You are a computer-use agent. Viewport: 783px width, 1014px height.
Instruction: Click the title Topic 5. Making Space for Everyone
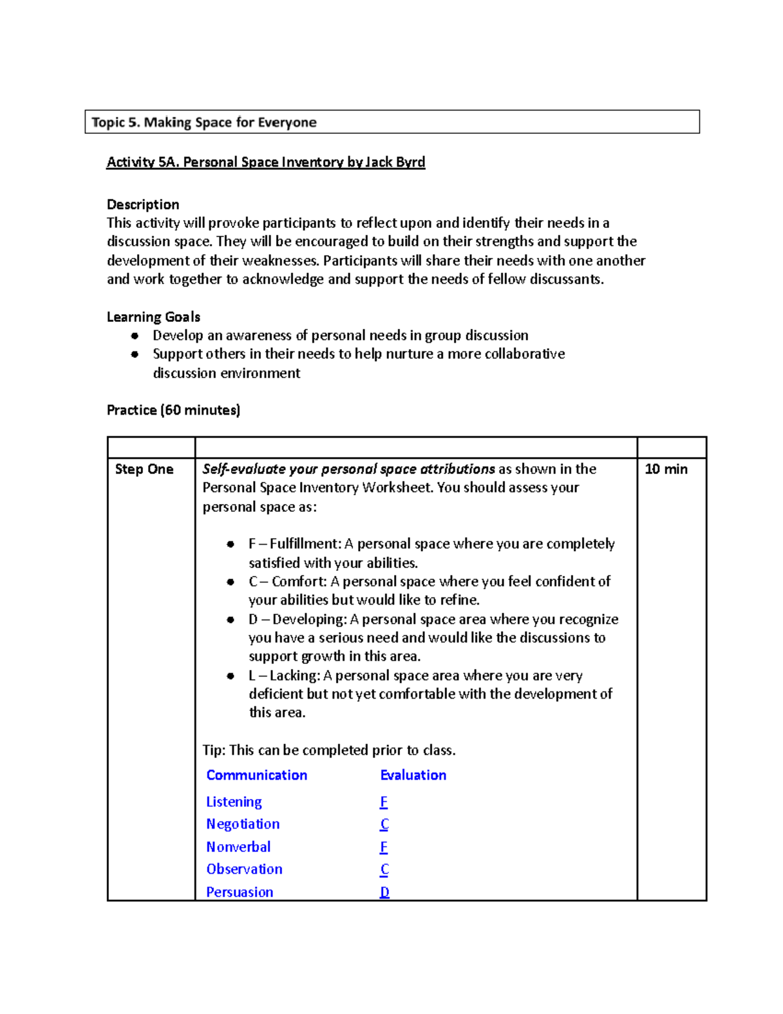pos(204,122)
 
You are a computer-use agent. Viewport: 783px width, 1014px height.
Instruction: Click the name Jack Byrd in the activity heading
pos(395,162)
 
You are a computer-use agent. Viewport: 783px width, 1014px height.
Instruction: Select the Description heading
pos(143,204)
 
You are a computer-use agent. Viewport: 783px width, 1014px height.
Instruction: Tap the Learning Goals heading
pos(153,317)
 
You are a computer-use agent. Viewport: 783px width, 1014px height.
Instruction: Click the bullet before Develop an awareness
pos(135,336)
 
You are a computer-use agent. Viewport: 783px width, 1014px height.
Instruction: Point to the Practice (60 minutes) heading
pos(174,410)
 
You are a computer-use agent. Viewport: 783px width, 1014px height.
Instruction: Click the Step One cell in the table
pos(144,469)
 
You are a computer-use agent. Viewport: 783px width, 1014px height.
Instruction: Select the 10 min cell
pos(666,469)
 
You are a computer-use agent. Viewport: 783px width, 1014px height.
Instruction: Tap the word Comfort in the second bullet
pos(298,581)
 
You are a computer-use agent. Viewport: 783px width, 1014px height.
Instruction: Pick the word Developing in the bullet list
pos(309,619)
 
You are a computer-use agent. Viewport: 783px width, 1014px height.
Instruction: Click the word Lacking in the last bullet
pos(294,675)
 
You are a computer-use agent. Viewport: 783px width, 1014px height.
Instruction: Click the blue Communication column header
pos(256,775)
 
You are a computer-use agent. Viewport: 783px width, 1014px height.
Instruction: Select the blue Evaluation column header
pos(413,775)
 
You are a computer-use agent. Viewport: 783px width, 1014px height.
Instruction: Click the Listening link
pos(234,802)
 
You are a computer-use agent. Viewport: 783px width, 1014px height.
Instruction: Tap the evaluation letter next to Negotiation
pos(384,824)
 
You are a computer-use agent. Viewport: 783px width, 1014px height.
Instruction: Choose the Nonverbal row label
pos(238,847)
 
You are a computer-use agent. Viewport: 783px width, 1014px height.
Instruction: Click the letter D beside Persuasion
pos(384,892)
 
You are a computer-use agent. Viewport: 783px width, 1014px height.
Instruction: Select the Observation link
pos(244,869)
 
